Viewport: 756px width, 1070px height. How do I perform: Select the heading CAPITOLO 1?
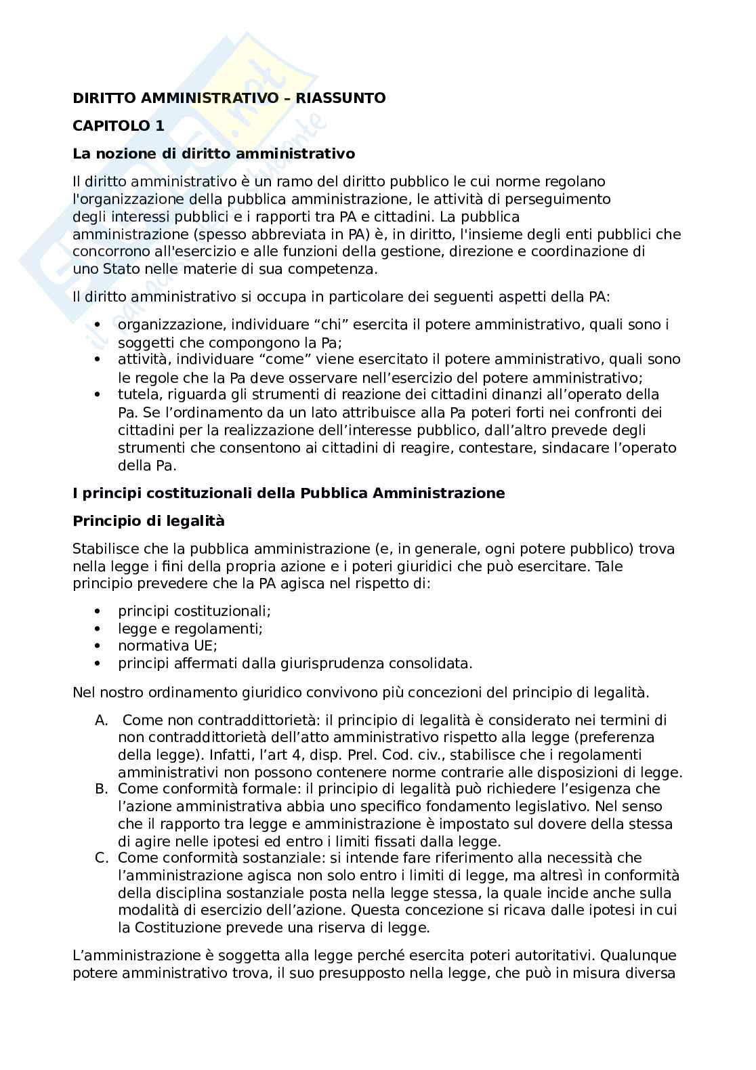point(118,126)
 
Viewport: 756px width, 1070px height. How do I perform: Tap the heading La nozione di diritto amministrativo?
point(213,154)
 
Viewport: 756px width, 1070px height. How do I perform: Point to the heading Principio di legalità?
point(148,521)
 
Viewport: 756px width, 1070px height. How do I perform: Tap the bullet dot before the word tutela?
point(99,394)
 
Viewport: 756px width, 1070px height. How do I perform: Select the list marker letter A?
point(102,720)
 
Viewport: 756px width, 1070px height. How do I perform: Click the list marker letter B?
point(102,789)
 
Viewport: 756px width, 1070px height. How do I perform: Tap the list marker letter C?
point(102,858)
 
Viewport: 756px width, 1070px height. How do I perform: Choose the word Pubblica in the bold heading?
point(332,493)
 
